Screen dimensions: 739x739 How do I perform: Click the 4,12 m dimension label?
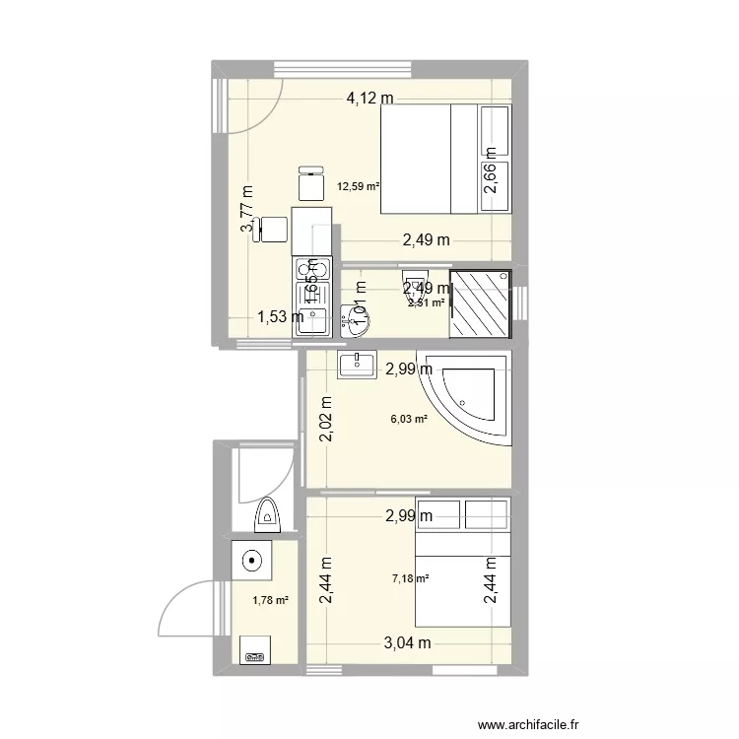tap(369, 98)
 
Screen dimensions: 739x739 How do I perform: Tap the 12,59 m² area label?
tap(359, 184)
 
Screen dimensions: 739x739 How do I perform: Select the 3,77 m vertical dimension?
tap(246, 211)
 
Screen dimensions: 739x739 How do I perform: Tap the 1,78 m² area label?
tap(270, 600)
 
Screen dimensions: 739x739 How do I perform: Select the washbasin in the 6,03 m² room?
tap(356, 365)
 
